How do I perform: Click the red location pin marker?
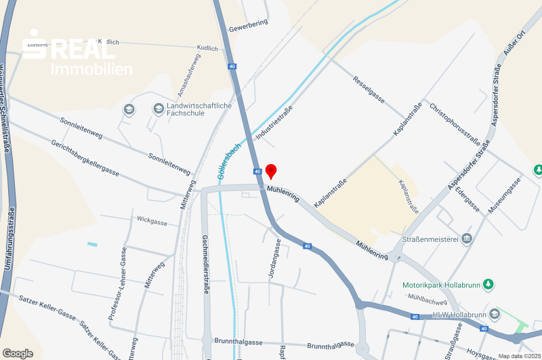pos(270,170)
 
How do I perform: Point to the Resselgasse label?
pos(369,89)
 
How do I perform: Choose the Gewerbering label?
pos(249,26)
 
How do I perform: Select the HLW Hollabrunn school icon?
pos(495,313)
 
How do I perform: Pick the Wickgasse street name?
pos(152,220)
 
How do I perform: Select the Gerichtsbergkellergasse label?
pos(85,158)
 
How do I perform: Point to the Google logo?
pos(18,353)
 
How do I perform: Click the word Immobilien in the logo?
pos(92,68)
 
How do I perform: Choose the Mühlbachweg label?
pos(427,299)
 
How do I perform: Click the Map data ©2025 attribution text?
pos(519,356)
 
